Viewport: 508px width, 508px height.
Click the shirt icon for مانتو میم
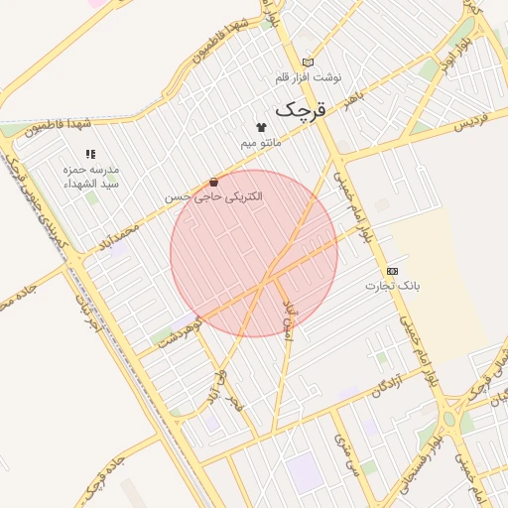coord(261,127)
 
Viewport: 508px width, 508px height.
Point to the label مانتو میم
coord(262,143)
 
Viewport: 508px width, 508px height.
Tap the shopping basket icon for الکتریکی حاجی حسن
coord(214,182)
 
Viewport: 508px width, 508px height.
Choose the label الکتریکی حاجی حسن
coord(214,196)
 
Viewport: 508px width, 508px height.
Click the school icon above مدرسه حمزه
coord(90,154)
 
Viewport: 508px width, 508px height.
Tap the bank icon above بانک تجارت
coord(393,270)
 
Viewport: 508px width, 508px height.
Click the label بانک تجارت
coord(393,286)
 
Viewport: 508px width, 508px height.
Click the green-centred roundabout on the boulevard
coord(448,417)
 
